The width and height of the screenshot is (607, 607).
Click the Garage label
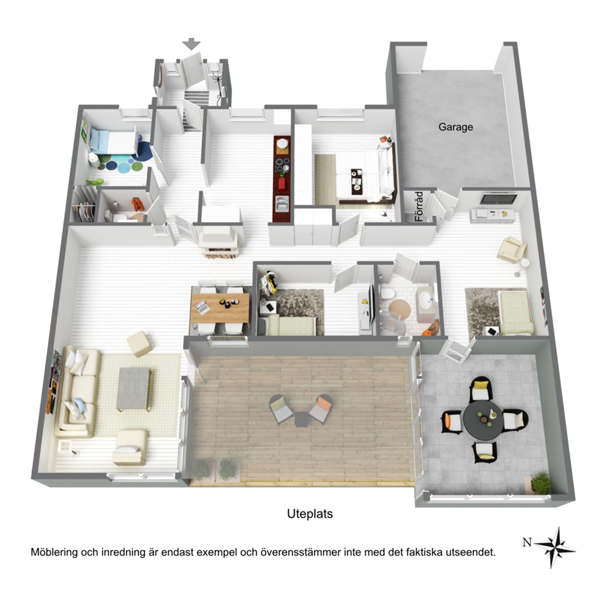(455, 127)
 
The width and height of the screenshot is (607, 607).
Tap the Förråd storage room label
(419, 206)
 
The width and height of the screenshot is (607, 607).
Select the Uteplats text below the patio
(310, 514)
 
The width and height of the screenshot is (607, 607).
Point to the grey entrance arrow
(192, 43)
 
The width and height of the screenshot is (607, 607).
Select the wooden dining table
(220, 307)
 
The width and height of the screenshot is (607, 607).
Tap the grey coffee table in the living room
(134, 389)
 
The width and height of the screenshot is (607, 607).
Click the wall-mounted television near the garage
(498, 199)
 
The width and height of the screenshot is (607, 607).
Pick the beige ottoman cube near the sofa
(139, 343)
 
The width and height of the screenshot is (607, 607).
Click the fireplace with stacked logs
(218, 240)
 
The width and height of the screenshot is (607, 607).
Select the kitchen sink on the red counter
(282, 203)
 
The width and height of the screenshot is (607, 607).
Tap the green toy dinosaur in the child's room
(95, 181)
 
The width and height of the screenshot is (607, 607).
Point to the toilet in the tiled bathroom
(385, 292)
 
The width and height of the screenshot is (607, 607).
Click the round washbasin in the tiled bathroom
(426, 299)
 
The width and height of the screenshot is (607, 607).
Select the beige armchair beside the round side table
(512, 249)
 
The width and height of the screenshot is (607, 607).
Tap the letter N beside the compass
(526, 542)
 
